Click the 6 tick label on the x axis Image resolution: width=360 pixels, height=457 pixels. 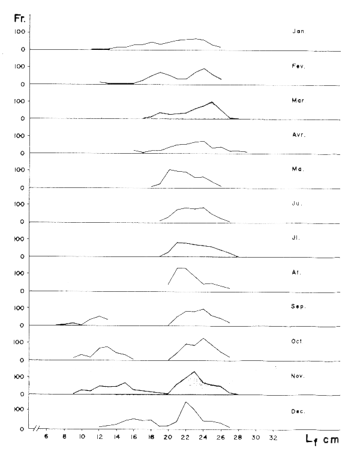46,437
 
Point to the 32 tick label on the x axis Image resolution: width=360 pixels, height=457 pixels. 274,437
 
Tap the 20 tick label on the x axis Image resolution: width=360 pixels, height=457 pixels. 169,437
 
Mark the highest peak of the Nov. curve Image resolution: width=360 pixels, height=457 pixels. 194,371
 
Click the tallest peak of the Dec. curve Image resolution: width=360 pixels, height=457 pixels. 186,402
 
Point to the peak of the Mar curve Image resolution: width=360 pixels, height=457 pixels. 212,102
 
